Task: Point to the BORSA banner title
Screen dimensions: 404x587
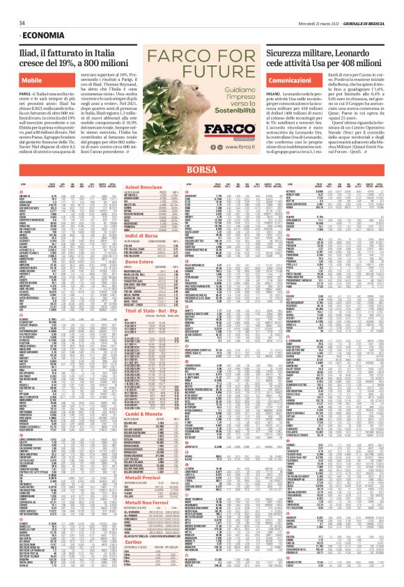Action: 202,170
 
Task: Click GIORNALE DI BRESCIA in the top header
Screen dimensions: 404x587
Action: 376,6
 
